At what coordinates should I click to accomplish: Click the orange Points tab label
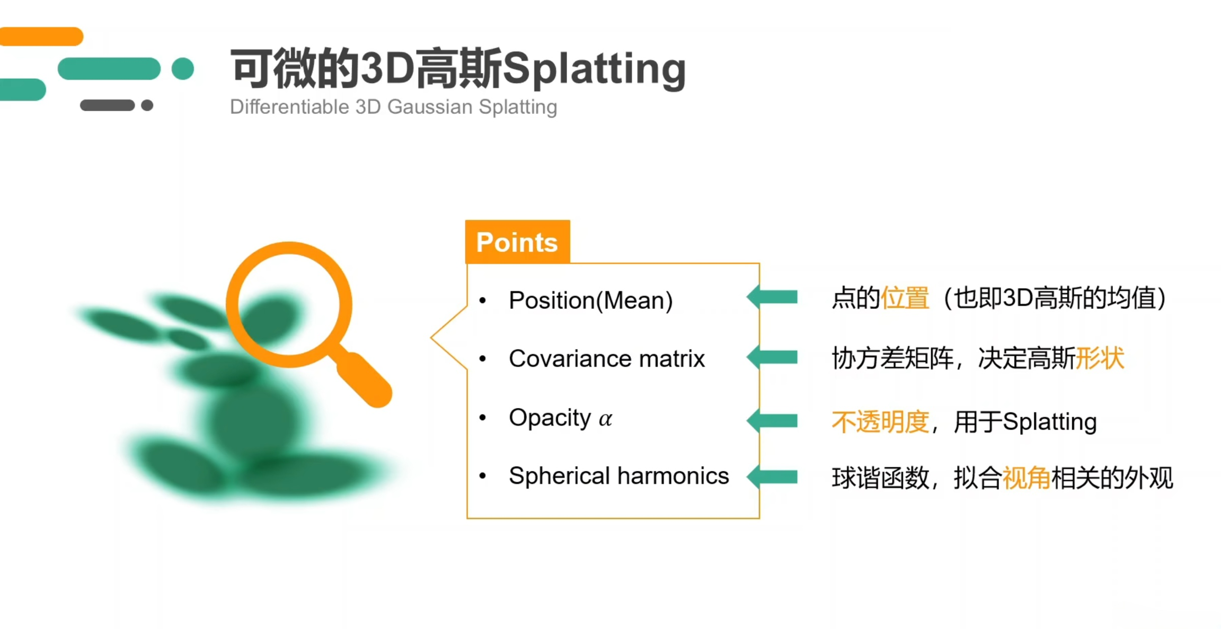coord(517,242)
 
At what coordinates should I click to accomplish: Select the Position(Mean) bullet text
coord(591,300)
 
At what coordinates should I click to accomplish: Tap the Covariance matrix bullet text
coord(607,358)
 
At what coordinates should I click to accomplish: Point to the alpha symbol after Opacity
coord(606,419)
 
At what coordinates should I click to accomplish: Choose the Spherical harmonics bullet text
coord(619,475)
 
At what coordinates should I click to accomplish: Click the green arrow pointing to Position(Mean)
coord(772,297)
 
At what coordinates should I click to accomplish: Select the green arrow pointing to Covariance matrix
coord(772,357)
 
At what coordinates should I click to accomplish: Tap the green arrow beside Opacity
coord(772,421)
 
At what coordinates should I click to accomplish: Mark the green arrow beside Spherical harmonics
coord(772,477)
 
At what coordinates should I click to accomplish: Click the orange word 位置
coord(905,298)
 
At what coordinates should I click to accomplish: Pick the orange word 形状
coord(1100,358)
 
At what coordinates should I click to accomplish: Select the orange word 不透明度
coord(880,422)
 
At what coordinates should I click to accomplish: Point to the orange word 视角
coord(1027,478)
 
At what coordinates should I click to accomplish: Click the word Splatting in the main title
coord(594,69)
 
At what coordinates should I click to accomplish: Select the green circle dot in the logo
coord(183,69)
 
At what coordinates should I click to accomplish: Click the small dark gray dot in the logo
coord(147,105)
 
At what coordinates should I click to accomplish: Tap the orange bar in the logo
coord(41,37)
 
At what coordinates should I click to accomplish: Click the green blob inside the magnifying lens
coord(271,318)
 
